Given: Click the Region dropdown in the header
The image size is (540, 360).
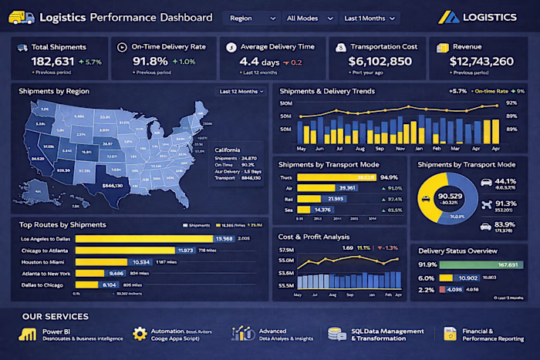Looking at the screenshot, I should pyautogui.click(x=251, y=17).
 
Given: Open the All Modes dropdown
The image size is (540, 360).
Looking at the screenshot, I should pyautogui.click(x=307, y=17).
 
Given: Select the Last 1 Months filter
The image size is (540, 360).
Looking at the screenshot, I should pyautogui.click(x=369, y=17).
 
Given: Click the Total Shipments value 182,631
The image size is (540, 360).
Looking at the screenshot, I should pyautogui.click(x=53, y=61).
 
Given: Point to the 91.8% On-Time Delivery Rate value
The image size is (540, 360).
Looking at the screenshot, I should pyautogui.click(x=150, y=61).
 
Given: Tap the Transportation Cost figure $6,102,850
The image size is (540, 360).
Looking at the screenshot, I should pyautogui.click(x=380, y=61).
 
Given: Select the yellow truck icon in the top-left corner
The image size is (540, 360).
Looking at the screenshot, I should pyautogui.click(x=20, y=17).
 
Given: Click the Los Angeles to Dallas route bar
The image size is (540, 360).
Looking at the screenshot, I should pyautogui.click(x=147, y=238).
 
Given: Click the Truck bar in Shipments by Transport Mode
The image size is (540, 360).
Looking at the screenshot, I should pyautogui.click(x=336, y=177).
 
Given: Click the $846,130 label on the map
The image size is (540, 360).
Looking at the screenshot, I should pyautogui.click(x=113, y=186).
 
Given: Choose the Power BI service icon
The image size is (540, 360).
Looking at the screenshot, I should pyautogui.click(x=29, y=334).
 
